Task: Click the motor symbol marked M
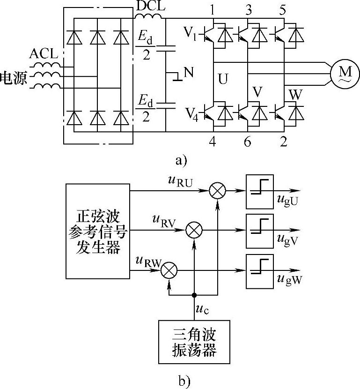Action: (x=345, y=73)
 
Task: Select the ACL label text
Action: (x=44, y=53)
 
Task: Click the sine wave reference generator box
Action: (x=98, y=232)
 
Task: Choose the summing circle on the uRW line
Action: (x=169, y=270)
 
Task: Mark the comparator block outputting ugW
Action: (x=260, y=270)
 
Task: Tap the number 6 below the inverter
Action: (x=247, y=142)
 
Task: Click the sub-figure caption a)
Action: (x=180, y=161)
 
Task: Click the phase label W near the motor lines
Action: (x=294, y=94)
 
